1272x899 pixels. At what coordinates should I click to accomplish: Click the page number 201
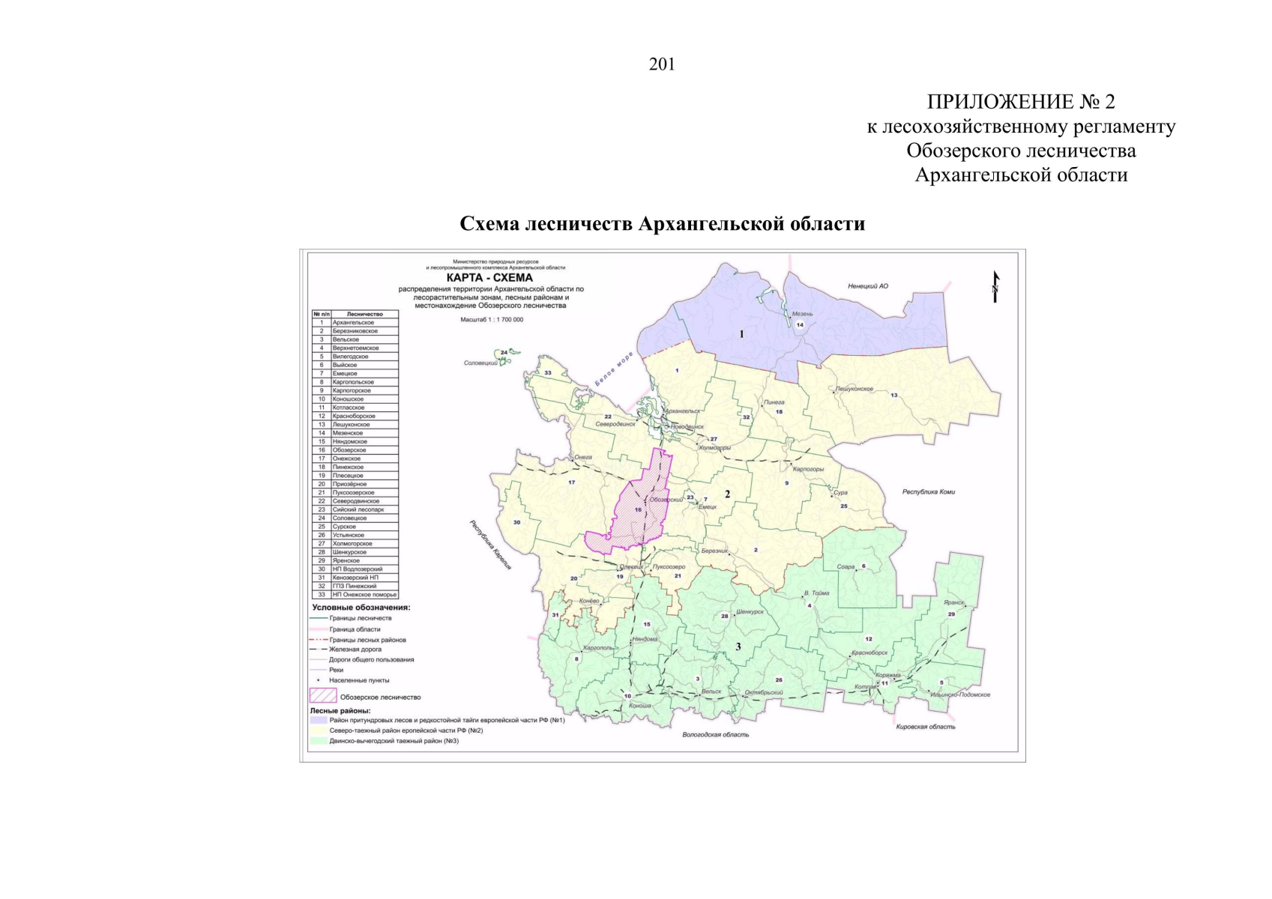[662, 65]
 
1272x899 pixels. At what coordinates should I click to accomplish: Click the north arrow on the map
[995, 287]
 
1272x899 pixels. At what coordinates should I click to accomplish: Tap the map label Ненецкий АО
[868, 286]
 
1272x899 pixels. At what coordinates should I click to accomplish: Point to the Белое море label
[614, 369]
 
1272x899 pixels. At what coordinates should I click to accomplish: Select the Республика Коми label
[928, 492]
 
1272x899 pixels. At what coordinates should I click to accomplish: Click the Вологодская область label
[715, 735]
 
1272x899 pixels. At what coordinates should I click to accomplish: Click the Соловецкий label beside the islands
[480, 363]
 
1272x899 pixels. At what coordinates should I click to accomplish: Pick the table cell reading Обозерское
[349, 450]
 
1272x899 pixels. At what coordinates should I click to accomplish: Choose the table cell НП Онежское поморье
[364, 595]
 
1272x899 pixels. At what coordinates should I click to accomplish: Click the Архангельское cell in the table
[353, 322]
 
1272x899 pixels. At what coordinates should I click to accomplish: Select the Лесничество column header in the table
[364, 314]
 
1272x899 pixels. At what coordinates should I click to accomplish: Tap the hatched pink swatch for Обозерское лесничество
[322, 696]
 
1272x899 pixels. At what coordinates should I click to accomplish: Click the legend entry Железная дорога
[355, 650]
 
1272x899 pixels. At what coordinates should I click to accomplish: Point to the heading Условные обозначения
[361, 608]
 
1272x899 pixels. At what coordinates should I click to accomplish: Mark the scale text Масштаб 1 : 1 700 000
[492, 320]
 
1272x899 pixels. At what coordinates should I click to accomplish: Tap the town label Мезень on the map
[802, 314]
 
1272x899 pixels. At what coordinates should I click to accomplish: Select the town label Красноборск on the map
[869, 653]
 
